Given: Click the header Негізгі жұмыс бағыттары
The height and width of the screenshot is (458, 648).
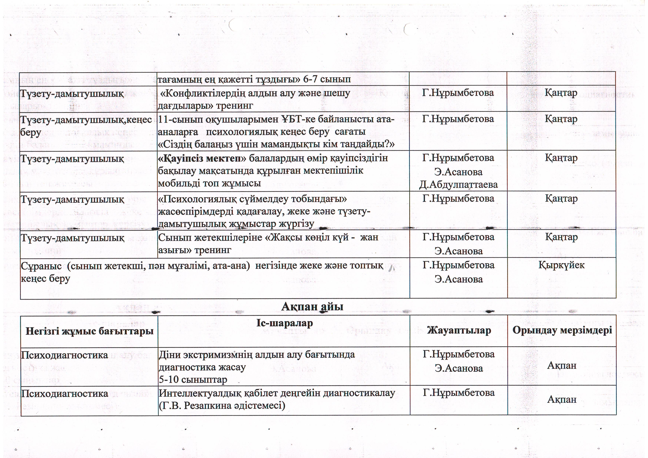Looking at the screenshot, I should coord(89,331).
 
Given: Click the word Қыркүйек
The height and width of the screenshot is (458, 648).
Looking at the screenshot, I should coord(561,265).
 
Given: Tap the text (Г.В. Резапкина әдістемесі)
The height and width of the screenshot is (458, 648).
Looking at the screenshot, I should coord(222,406).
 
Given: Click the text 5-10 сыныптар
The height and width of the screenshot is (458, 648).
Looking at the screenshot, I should coord(193,380).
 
